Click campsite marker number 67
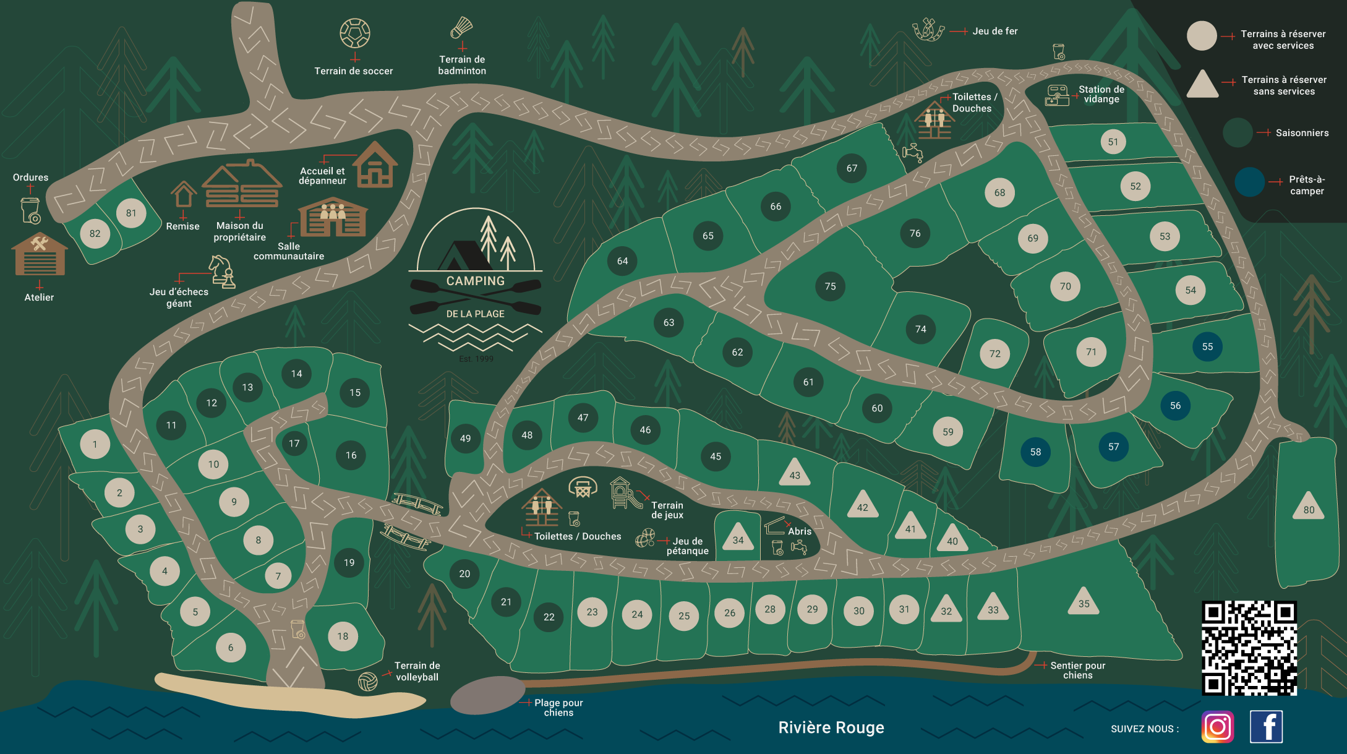pyautogui.click(x=852, y=168)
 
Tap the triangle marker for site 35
pyautogui.click(x=1084, y=602)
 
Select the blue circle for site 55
pyautogui.click(x=1207, y=346)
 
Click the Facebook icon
pyautogui.click(x=1266, y=726)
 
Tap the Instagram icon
pyautogui.click(x=1217, y=726)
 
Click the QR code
pyautogui.click(x=1249, y=648)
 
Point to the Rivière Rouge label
pyautogui.click(x=831, y=727)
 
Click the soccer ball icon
pyautogui.click(x=354, y=33)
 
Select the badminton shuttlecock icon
pyautogui.click(x=461, y=28)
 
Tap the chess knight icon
pyautogui.click(x=221, y=272)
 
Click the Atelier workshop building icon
pyautogui.click(x=40, y=254)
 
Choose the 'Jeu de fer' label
pyautogui.click(x=994, y=31)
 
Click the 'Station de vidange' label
pyautogui.click(x=1101, y=94)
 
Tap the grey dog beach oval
pyautogui.click(x=488, y=695)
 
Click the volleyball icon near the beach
pyautogui.click(x=367, y=681)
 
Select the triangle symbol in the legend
pyautogui.click(x=1202, y=85)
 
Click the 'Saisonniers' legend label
pyautogui.click(x=1301, y=133)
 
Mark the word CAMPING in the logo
pyautogui.click(x=475, y=281)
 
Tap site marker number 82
pyautogui.click(x=95, y=234)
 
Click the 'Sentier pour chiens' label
pyautogui.click(x=1077, y=670)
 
